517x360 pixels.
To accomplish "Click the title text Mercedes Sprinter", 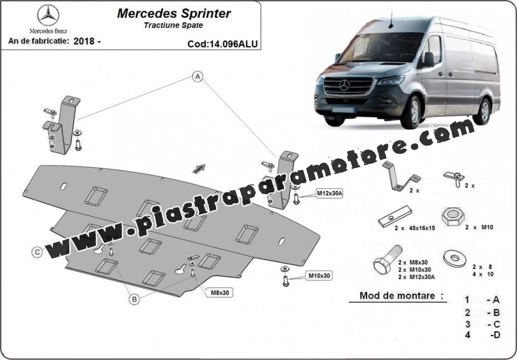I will point(173,13).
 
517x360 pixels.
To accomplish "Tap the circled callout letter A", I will point(198,77).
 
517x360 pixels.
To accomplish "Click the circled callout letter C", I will point(37,252).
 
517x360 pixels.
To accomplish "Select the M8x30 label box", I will point(219,293).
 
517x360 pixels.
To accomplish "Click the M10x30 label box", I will point(319,276).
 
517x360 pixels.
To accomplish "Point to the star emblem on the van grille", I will point(344,86).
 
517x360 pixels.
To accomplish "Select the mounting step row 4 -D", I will point(483,335).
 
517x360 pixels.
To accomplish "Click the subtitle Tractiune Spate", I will point(173,25).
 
